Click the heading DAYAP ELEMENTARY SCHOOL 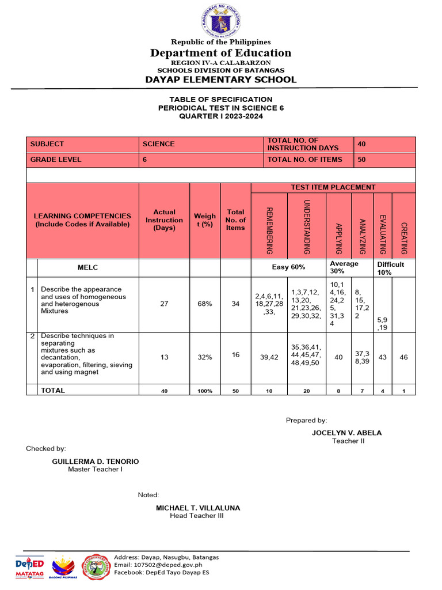[221, 80]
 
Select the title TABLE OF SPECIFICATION [221, 100]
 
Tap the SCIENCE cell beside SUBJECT [159, 144]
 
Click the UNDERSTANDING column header [306, 226]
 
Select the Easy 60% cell [288, 267]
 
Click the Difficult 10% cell [391, 268]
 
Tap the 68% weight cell [205, 304]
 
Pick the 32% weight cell [205, 357]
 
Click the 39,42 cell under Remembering [269, 357]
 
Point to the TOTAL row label [53, 391]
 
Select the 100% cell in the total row [205, 391]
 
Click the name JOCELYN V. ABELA [346, 433]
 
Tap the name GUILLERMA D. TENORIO [96, 462]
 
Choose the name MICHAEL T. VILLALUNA [198, 508]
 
